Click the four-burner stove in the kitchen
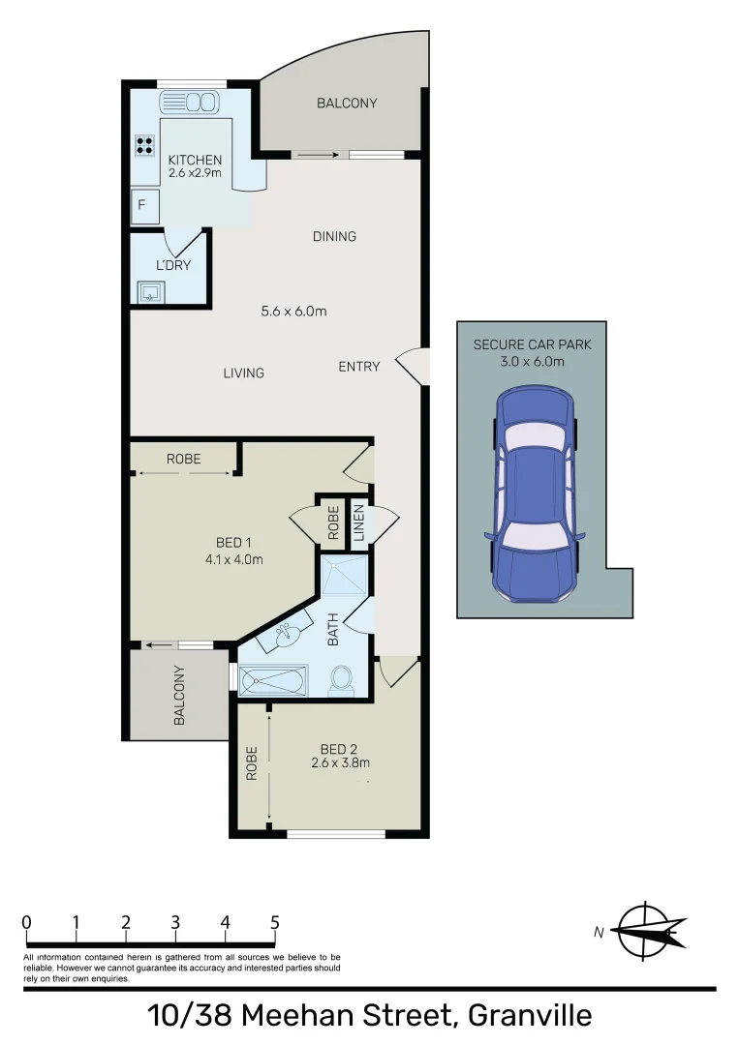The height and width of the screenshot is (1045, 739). [x=145, y=146]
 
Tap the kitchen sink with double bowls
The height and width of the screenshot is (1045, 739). [x=191, y=102]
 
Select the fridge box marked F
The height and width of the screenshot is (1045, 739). [x=143, y=205]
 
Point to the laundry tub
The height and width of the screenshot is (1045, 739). [x=150, y=291]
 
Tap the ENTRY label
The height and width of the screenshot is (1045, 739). [x=358, y=367]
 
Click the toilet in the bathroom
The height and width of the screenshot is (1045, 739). [x=342, y=680]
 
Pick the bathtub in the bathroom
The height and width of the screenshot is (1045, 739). [x=273, y=680]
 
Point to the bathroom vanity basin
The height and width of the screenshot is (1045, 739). [x=285, y=636]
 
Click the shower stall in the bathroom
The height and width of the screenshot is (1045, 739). [x=346, y=577]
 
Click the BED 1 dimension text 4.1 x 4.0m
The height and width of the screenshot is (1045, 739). [x=233, y=559]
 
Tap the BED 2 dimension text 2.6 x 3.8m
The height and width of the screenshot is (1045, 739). [x=332, y=762]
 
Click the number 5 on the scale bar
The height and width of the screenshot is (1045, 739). [x=275, y=922]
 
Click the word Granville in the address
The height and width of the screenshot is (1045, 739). [x=530, y=1017]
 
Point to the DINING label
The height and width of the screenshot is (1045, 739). [x=334, y=236]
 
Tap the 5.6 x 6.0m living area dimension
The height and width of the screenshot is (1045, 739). [x=293, y=312]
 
